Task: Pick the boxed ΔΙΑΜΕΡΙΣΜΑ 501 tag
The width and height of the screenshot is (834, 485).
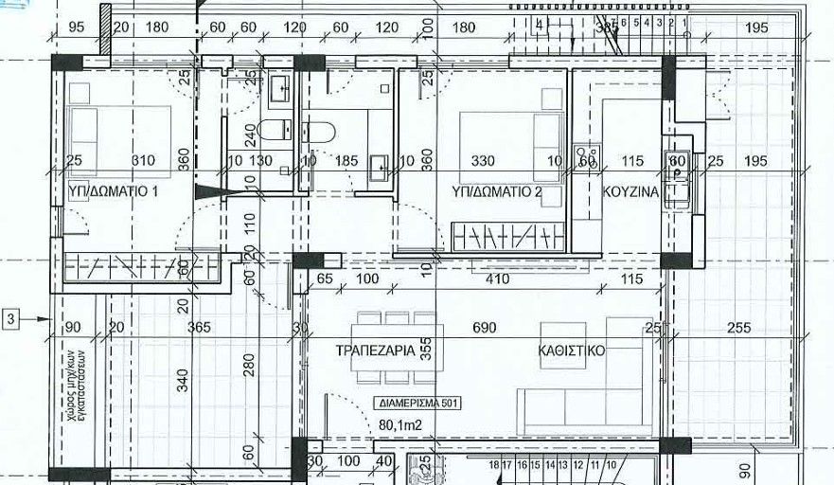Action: coord(418,403)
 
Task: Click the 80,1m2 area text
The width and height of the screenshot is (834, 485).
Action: coord(399,425)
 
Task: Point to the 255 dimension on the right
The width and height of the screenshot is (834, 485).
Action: coord(739,329)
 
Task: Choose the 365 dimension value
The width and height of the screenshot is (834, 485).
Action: coord(198,329)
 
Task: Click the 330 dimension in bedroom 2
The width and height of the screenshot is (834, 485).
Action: coord(483,162)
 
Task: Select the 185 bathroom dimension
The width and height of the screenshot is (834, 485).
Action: coord(346,162)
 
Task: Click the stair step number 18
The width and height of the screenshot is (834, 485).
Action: coord(494,465)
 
